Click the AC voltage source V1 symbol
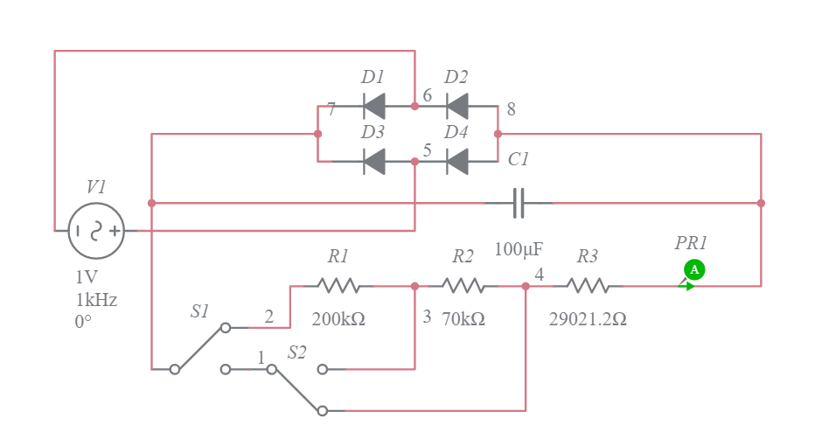[x=96, y=231]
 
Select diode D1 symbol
[x=374, y=107]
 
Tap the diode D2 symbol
[x=456, y=107]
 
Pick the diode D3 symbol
[x=374, y=162]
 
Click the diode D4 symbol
[x=456, y=162]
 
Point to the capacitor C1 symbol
[x=519, y=203]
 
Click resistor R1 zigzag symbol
[x=338, y=286]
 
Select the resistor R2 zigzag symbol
[x=463, y=286]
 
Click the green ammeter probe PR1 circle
[x=694, y=269]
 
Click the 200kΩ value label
[x=338, y=319]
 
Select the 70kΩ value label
[x=463, y=319]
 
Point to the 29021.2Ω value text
[x=588, y=319]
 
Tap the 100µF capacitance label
[x=519, y=250]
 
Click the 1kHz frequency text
[x=96, y=299]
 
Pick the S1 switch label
[x=200, y=311]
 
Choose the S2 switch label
[x=297, y=352]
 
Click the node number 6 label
[x=428, y=95]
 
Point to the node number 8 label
[x=511, y=109]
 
